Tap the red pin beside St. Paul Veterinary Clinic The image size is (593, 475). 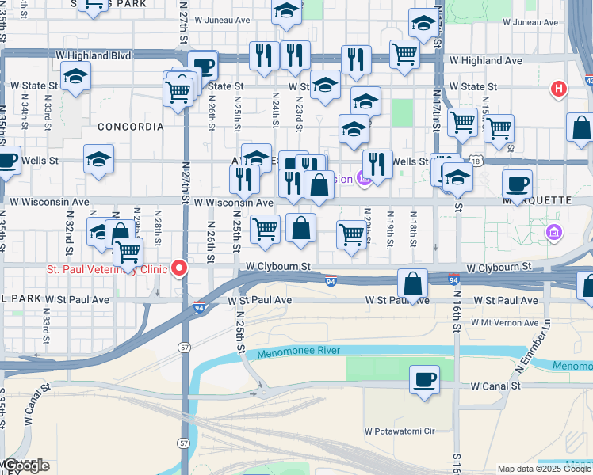point(180,268)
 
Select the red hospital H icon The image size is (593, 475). point(559,89)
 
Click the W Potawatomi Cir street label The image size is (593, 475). point(400,431)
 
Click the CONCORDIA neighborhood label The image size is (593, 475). point(130,127)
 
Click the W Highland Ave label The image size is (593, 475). point(485,60)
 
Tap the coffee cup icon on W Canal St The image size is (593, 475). point(425,380)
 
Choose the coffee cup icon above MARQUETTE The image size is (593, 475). point(517,184)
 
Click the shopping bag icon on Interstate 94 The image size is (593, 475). point(413,283)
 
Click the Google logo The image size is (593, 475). point(26,465)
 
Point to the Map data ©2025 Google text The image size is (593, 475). point(544,469)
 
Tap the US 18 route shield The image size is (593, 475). point(475,161)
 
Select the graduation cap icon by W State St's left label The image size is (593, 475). point(76,76)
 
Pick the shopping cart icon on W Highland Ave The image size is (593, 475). point(404,55)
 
